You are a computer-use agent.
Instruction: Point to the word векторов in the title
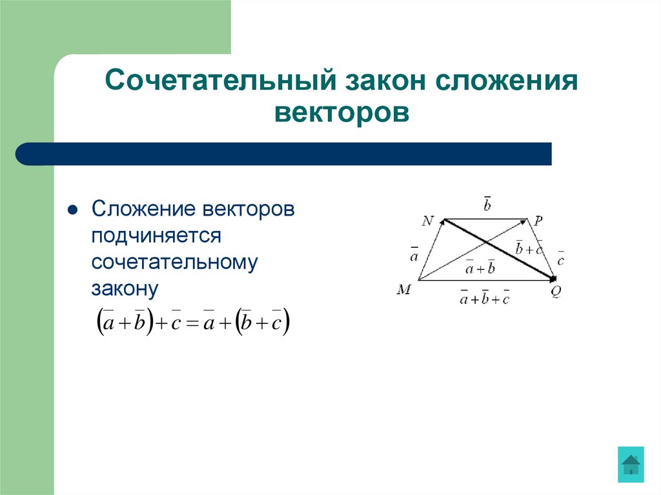(x=341, y=112)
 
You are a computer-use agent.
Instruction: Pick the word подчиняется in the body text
(x=156, y=236)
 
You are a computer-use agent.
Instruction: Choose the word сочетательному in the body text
(x=174, y=262)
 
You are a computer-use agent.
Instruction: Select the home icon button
(x=630, y=463)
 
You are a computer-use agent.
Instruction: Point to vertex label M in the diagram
(x=404, y=290)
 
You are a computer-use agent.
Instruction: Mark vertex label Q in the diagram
(x=556, y=290)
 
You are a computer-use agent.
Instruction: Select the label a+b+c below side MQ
(x=484, y=298)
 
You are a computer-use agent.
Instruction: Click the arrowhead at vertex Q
(x=552, y=278)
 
